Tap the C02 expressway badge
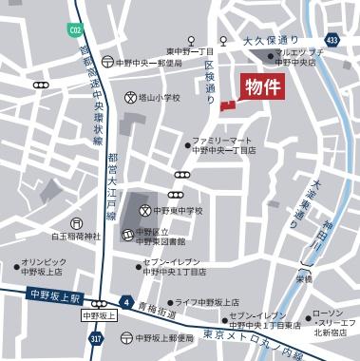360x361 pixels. point(75,30)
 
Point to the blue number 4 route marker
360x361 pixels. point(125,296)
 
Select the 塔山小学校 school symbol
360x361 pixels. point(131,97)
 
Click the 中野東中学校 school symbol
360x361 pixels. point(145,210)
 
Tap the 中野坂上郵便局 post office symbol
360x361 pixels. point(125,337)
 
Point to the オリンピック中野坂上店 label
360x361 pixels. point(42,266)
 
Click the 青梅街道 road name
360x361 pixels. point(158,310)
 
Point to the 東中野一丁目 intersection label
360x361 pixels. point(190,51)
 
